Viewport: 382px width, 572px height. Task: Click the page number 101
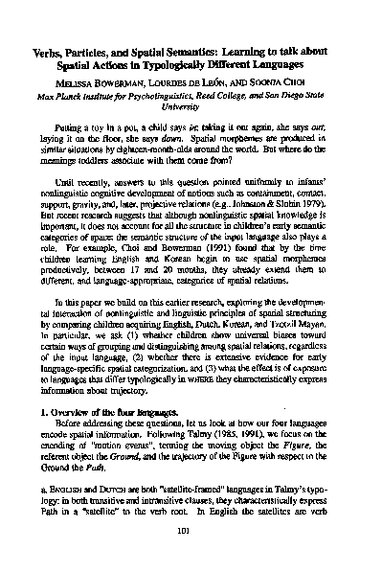pos(191,536)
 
